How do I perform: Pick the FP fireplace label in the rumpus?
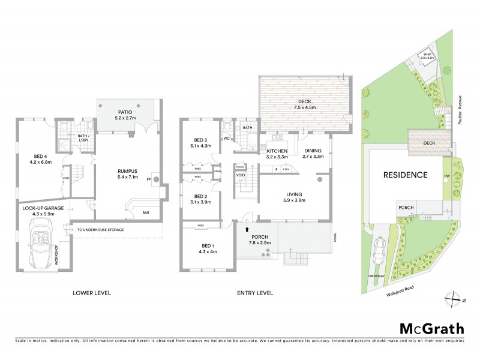click(x=148, y=179)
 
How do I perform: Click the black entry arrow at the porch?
click(x=247, y=228)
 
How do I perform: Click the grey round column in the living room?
click(x=320, y=179)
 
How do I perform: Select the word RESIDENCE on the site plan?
click(x=406, y=176)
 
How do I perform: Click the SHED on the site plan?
click(x=427, y=56)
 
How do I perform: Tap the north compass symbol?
click(x=454, y=298)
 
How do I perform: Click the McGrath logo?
click(x=432, y=328)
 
